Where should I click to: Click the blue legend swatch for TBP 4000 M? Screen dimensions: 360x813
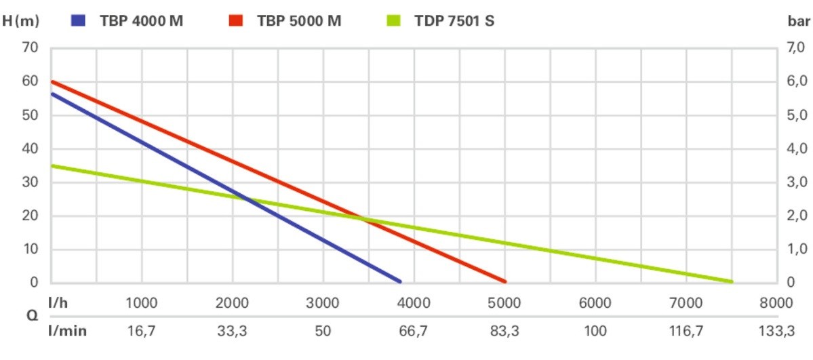pyautogui.click(x=79, y=20)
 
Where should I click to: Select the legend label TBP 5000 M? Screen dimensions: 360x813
pyautogui.click(x=299, y=20)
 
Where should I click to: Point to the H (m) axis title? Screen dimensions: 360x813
pyautogui.click(x=20, y=20)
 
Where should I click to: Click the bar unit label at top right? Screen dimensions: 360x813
pyautogui.click(x=800, y=20)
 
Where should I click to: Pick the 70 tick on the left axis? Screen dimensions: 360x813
pyautogui.click(x=31, y=48)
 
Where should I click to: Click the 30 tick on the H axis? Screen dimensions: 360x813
pyautogui.click(x=31, y=182)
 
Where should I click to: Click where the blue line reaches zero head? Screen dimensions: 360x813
pyautogui.click(x=399, y=281)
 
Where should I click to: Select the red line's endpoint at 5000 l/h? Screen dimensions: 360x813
pyautogui.click(x=504, y=281)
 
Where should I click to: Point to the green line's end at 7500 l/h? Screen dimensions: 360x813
pyautogui.click(x=731, y=281)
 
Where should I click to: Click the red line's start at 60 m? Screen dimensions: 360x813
pyautogui.click(x=53, y=82)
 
